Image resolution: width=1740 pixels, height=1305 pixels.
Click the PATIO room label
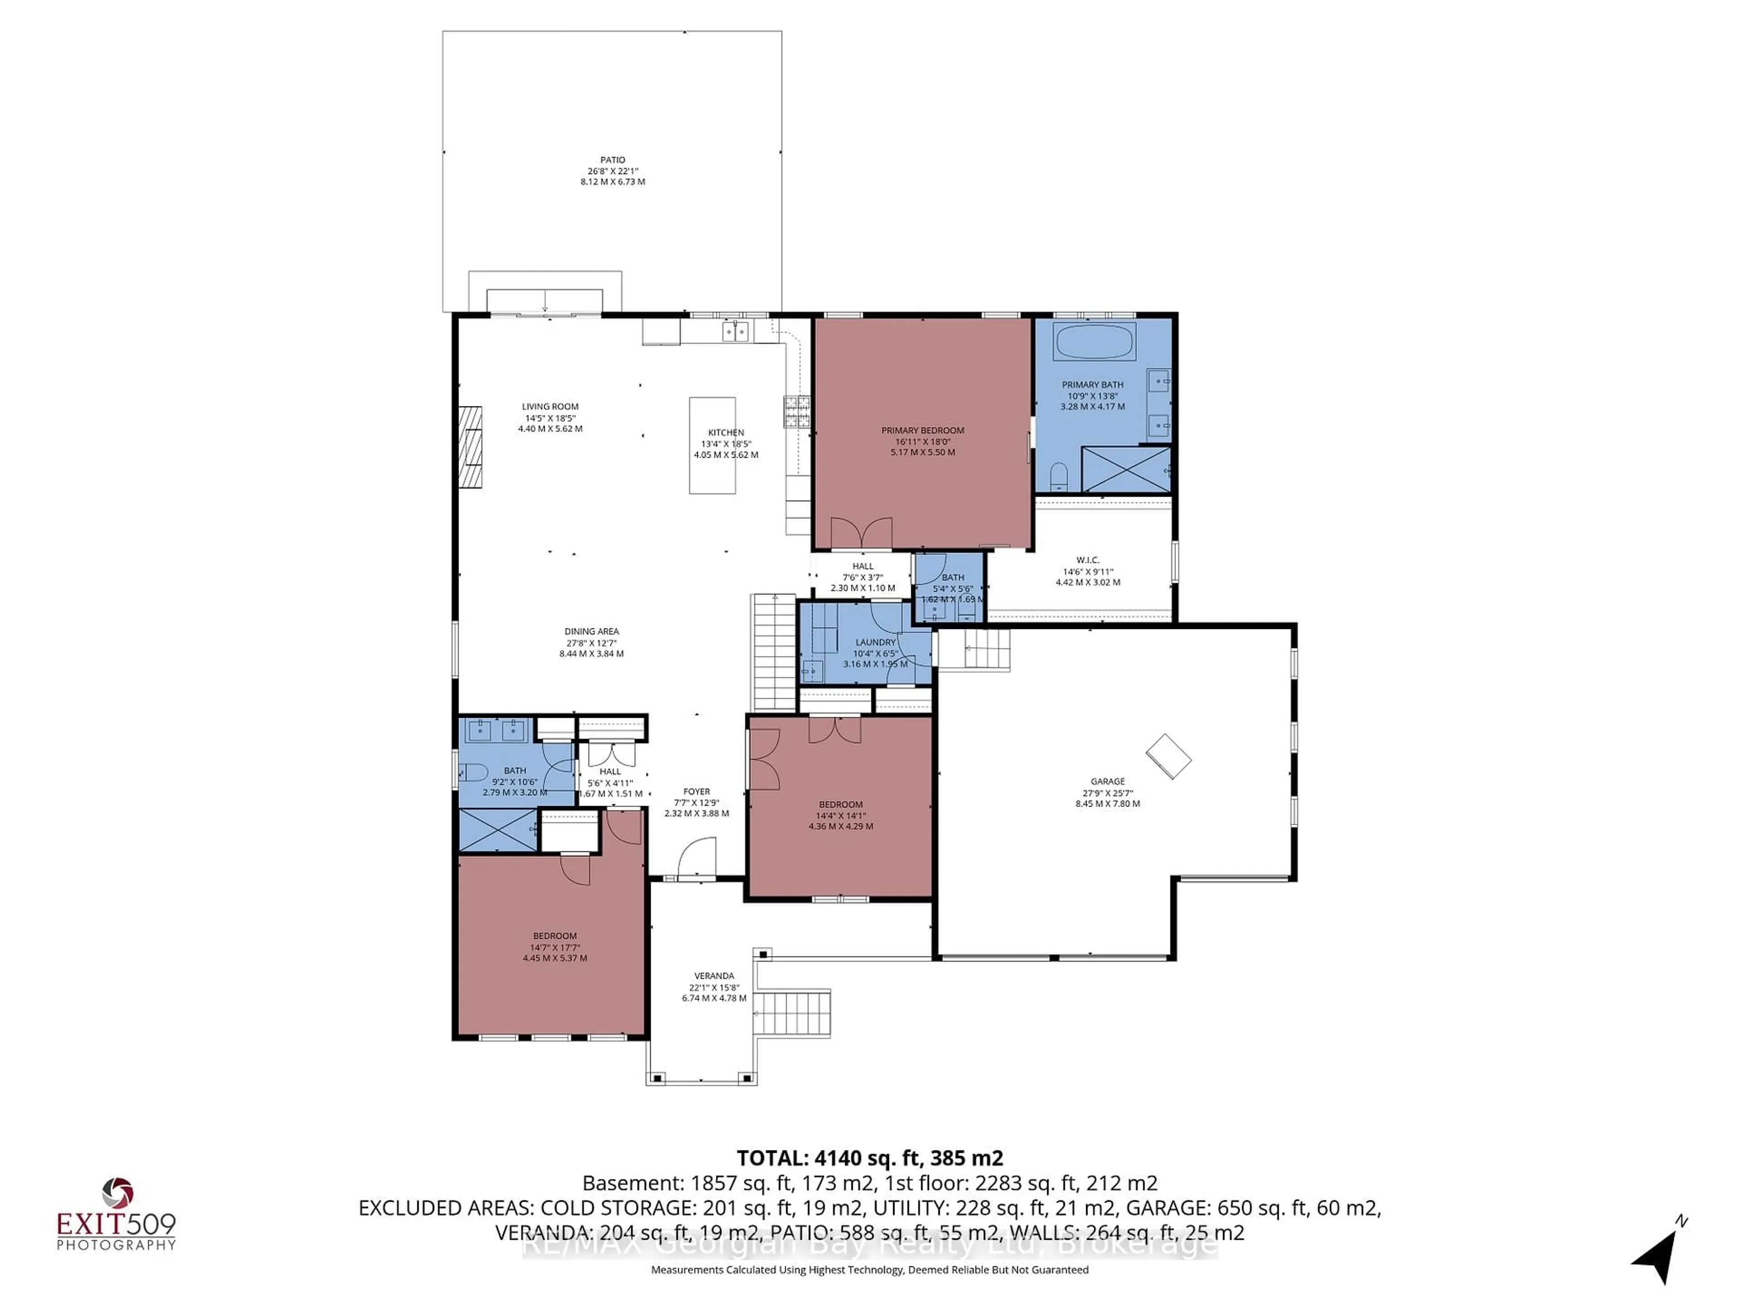click(x=613, y=159)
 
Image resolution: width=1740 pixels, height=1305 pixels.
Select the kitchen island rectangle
click(x=712, y=445)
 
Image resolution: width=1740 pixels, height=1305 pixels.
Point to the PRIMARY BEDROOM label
click(x=922, y=430)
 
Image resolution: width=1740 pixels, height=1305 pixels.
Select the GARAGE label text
click(x=1107, y=781)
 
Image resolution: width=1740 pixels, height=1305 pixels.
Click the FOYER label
click(x=696, y=791)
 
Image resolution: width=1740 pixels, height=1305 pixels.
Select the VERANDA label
click(x=714, y=976)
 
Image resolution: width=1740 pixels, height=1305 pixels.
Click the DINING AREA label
click(x=591, y=631)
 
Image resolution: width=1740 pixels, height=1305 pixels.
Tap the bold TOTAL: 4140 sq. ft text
click(x=869, y=1158)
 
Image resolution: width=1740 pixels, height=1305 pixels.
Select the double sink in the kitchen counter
click(x=735, y=332)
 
